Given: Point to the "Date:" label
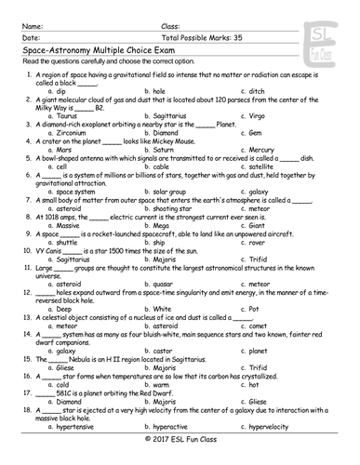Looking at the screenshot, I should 30,25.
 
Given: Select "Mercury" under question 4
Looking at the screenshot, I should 267,149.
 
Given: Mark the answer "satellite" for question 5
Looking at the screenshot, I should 267,166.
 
